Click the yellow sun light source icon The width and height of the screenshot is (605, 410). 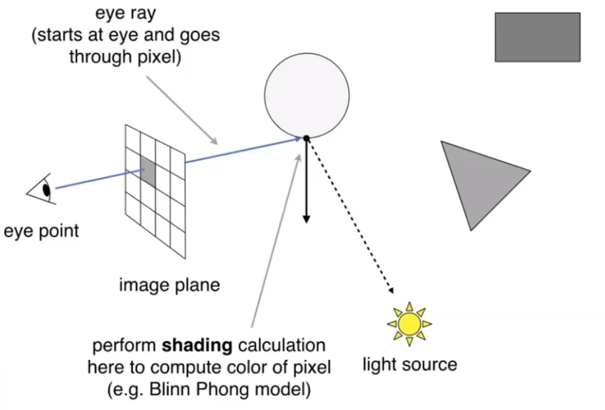(x=409, y=323)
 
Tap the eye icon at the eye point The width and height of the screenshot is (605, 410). (x=43, y=189)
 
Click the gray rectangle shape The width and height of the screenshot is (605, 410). (x=537, y=37)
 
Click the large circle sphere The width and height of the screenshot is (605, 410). (x=307, y=94)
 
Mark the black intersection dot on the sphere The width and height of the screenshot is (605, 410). (x=306, y=138)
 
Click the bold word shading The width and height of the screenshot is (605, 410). (x=197, y=347)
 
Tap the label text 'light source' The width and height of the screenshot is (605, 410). (x=409, y=365)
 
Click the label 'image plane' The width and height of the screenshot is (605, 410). (x=169, y=285)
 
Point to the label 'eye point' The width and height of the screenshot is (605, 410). (x=41, y=232)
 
